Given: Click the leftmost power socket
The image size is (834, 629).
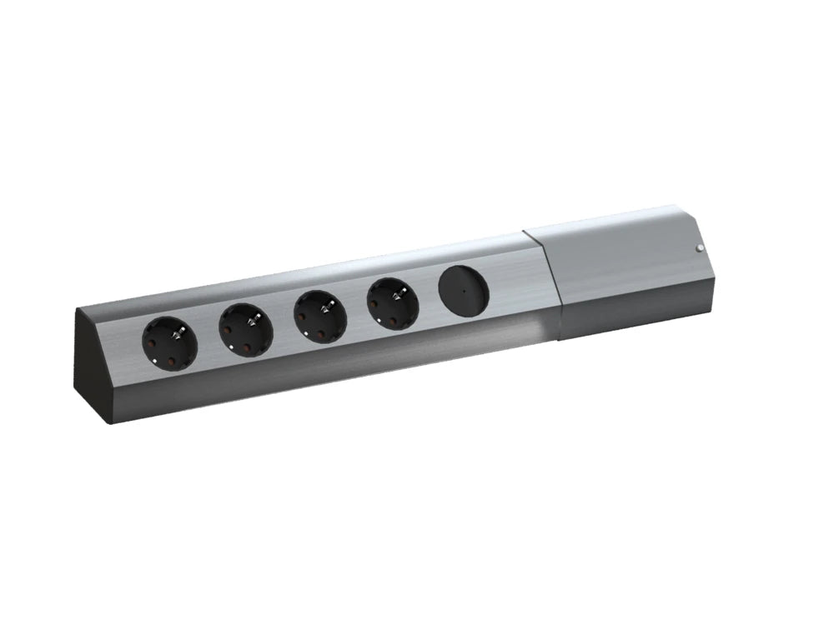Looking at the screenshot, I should [170, 344].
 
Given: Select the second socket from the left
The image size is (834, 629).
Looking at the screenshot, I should [246, 330].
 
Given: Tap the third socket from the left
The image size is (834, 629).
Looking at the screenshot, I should [320, 316].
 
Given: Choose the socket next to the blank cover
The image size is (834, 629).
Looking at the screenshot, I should [392, 303].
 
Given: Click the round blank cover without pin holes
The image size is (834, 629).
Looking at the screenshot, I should [463, 291].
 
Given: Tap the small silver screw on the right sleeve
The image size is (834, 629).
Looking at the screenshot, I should [699, 249].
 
